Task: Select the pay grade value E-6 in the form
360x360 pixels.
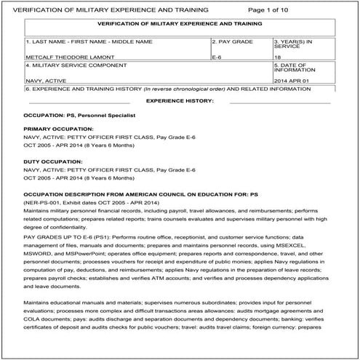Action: pyautogui.click(x=217, y=55)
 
